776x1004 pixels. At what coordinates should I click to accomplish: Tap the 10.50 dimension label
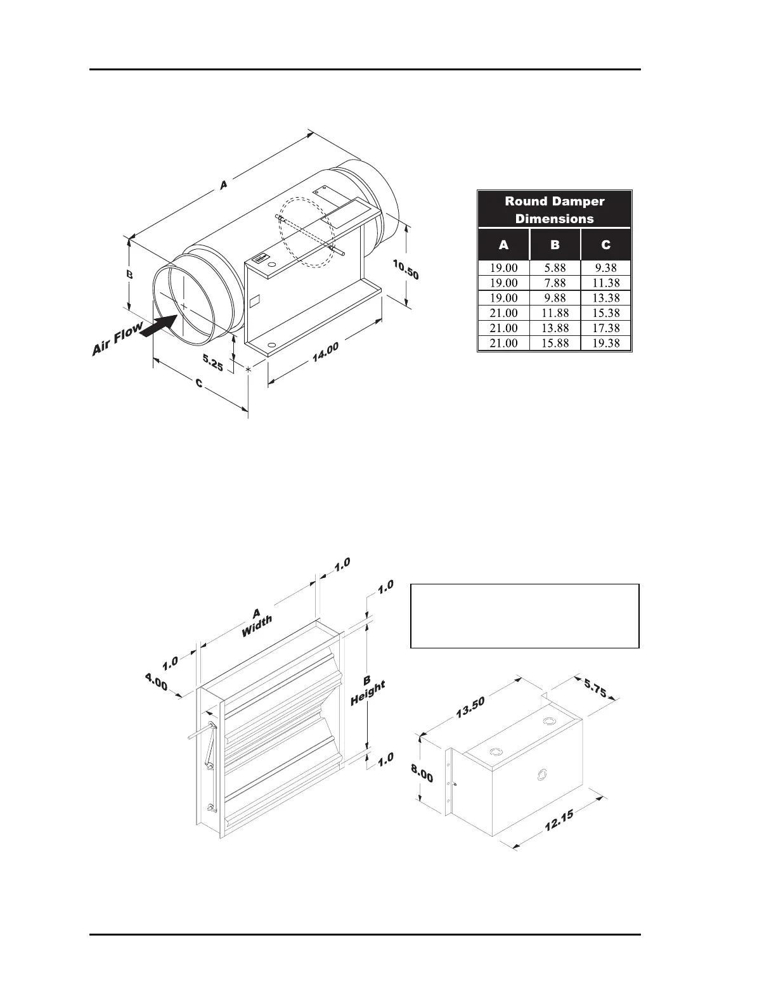[x=405, y=270]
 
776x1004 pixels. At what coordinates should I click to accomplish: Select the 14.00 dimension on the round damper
[x=325, y=352]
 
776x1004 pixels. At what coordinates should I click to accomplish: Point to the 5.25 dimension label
[x=212, y=363]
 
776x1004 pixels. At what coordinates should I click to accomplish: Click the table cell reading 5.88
[x=555, y=268]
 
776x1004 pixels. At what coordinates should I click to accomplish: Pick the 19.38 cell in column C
[x=605, y=343]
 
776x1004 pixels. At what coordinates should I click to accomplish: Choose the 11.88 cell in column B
[x=555, y=313]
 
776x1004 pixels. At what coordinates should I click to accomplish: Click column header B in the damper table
[x=555, y=245]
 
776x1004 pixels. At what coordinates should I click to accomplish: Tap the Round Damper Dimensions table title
[x=555, y=210]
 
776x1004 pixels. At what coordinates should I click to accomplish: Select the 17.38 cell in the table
[x=605, y=328]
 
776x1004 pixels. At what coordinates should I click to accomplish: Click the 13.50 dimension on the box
[x=470, y=708]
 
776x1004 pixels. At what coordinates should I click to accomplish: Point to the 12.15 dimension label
[x=559, y=823]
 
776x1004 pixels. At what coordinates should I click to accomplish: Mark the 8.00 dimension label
[x=422, y=773]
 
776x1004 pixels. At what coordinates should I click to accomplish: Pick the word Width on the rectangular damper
[x=257, y=626]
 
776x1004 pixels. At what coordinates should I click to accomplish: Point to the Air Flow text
[x=117, y=341]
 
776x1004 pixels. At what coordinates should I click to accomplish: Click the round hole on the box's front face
[x=543, y=775]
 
